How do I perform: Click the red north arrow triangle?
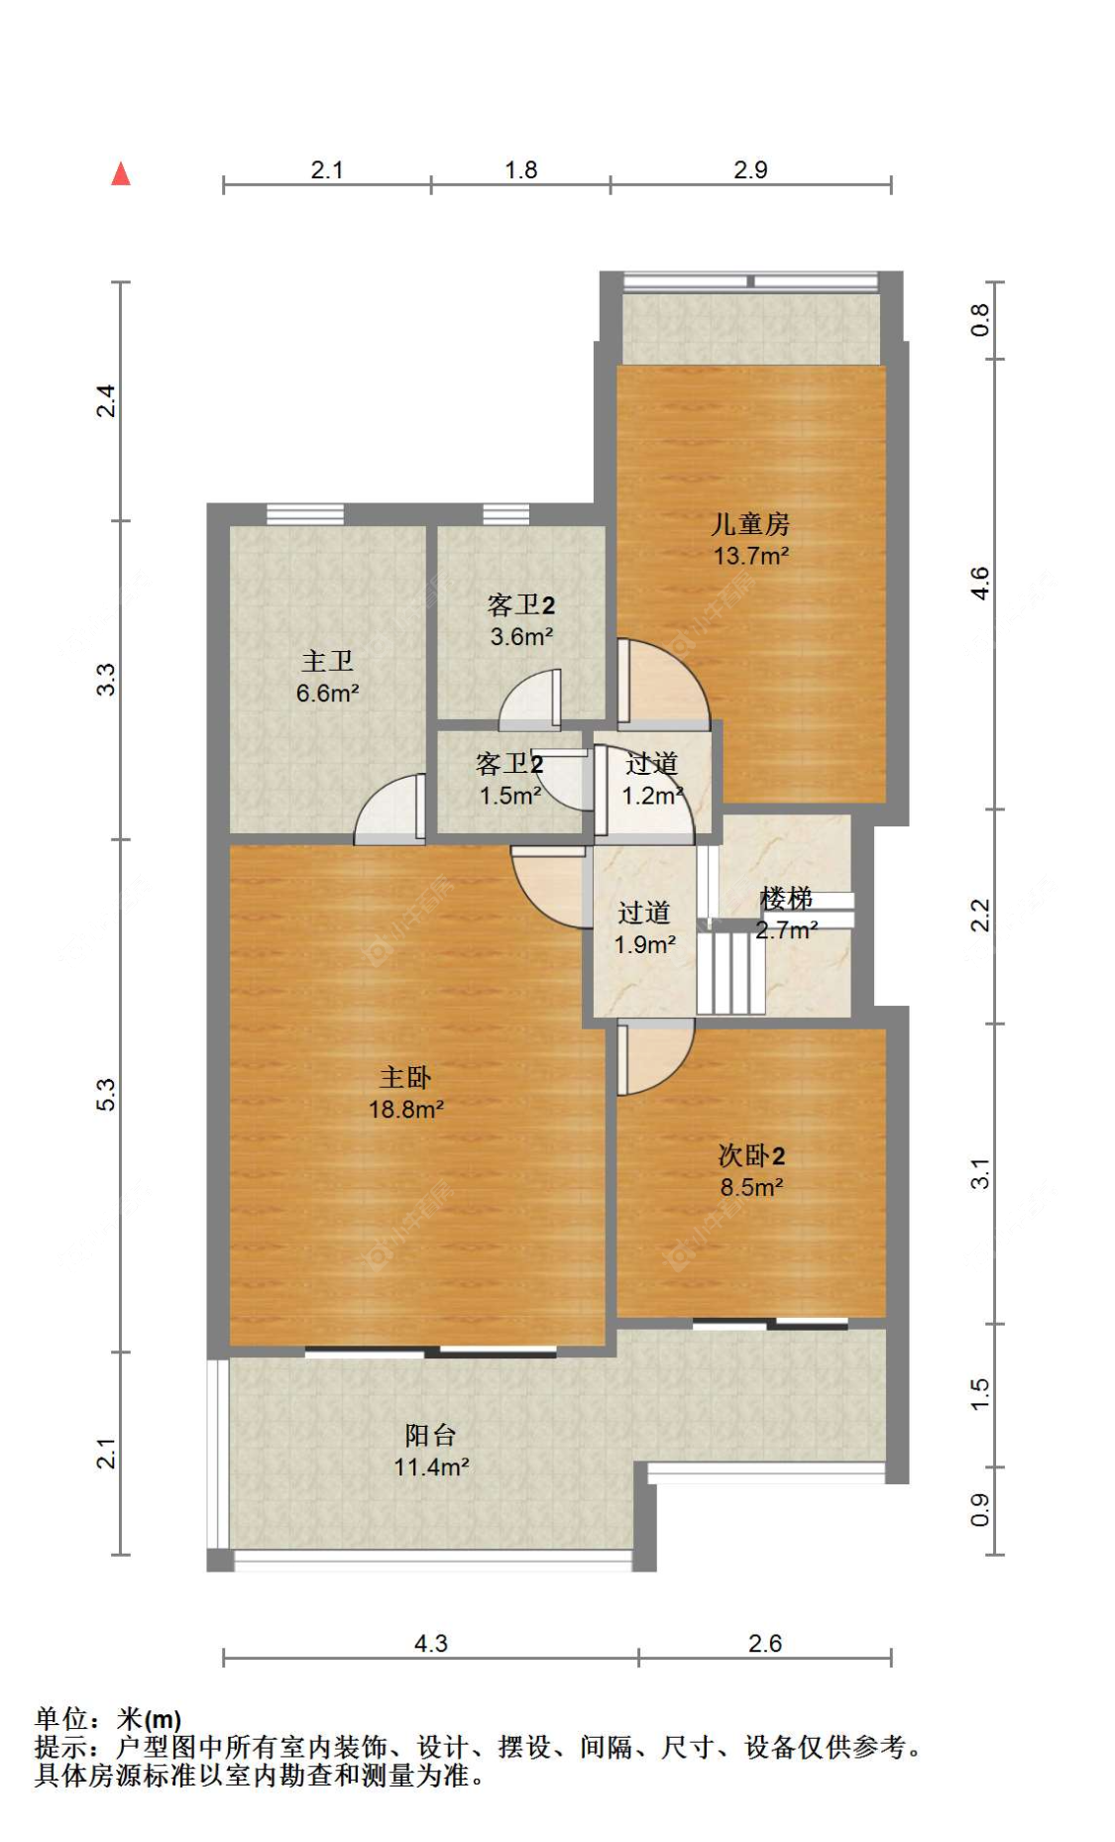tap(121, 174)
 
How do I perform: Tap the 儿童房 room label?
tap(750, 523)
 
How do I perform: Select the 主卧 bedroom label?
tap(405, 1077)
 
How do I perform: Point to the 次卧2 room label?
tap(751, 1155)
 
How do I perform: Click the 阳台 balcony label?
tap(430, 1435)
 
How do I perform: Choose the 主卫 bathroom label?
tap(327, 661)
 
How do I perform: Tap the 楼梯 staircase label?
tap(786, 899)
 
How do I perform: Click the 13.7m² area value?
tap(751, 556)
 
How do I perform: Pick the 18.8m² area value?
tap(406, 1110)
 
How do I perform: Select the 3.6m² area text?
tap(521, 637)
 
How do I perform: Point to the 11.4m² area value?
tap(431, 1467)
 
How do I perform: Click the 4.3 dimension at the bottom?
tap(431, 1644)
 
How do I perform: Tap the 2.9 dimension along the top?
tap(750, 169)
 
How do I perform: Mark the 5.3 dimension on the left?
tap(106, 1095)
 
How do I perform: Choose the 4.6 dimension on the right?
tap(979, 583)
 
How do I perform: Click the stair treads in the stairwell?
tap(731, 972)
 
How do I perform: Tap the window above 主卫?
tap(305, 514)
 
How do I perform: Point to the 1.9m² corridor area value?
tap(644, 945)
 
